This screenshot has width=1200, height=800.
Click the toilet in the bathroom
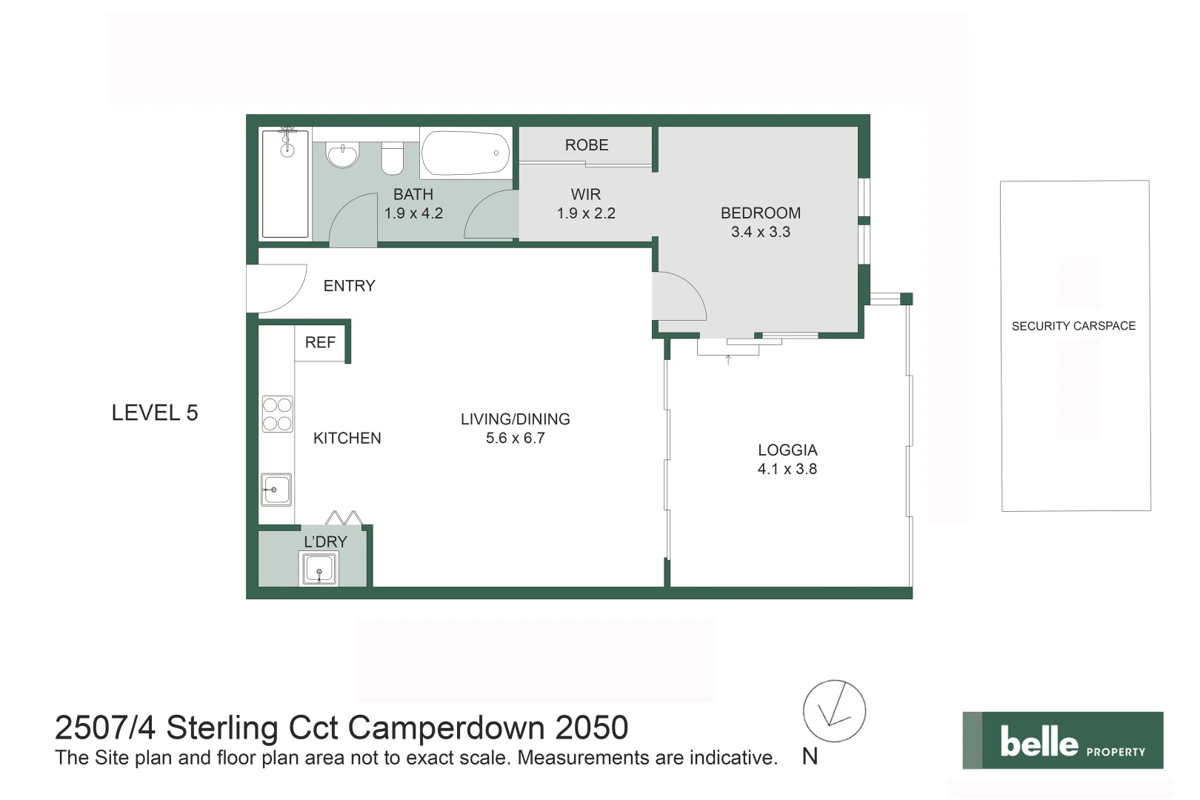[392, 157]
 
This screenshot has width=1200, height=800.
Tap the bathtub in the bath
[465, 153]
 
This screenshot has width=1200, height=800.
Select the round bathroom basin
[342, 155]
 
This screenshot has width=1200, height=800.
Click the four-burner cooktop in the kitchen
[277, 414]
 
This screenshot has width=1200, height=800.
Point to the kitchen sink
[276, 490]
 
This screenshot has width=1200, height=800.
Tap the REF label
[320, 342]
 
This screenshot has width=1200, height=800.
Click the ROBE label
[587, 145]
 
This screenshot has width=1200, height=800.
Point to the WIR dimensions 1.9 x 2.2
[586, 213]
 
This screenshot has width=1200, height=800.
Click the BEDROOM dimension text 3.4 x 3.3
[761, 232]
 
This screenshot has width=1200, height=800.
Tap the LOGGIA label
[787, 450]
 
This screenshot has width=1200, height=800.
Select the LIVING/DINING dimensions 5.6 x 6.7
[516, 438]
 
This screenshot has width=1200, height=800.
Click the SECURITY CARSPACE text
[1073, 326]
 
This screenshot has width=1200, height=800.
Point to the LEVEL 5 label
[155, 413]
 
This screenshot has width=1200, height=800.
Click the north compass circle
[834, 711]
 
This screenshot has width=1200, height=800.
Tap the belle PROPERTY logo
[1063, 740]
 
